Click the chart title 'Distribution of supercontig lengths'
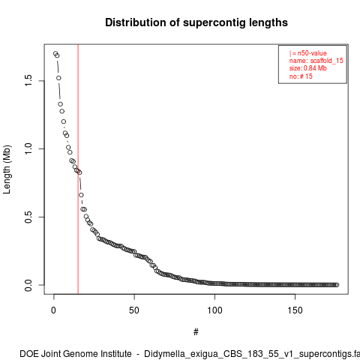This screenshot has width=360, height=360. click(196, 22)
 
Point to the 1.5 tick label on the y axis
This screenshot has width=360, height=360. click(28, 80)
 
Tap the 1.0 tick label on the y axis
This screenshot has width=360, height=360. click(28, 148)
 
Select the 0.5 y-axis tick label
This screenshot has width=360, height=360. click(28, 217)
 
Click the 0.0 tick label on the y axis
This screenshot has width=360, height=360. click(28, 285)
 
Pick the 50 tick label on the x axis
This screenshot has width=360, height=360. click(134, 310)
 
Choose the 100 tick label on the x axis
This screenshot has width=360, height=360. click(214, 310)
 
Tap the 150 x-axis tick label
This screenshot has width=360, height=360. click(295, 310)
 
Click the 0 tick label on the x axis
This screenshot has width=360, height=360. click(53, 310)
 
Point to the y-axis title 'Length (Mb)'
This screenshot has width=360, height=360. click(7, 169)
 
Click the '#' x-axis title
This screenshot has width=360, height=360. click(196, 332)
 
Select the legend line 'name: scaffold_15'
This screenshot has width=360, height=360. click(316, 61)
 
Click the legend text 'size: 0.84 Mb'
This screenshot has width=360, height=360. click(308, 68)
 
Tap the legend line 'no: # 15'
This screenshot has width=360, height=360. click(301, 76)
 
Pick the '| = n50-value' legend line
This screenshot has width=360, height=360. click(308, 53)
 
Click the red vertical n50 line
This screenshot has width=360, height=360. click(78, 169)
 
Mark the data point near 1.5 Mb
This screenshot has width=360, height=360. click(58, 78)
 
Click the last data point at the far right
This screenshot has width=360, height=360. click(337, 285)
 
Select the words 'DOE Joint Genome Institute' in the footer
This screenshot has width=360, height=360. click(76, 354)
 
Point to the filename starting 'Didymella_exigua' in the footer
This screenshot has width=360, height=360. click(252, 354)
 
